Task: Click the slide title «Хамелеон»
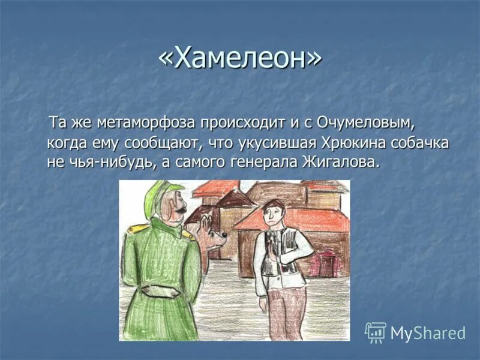[240, 58]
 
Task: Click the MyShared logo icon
[375, 332]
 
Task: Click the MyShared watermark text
[428, 333]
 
